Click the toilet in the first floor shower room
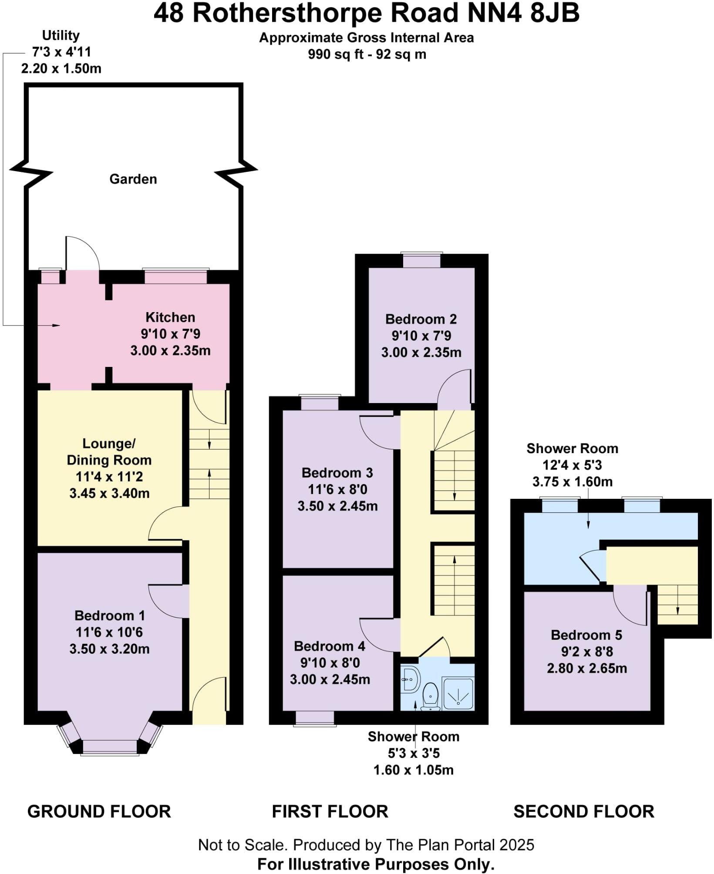click(430, 696)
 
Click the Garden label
click(133, 179)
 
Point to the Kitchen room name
click(170, 317)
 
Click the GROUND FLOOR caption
click(99, 812)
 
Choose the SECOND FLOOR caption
click(583, 812)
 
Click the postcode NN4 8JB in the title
click(523, 13)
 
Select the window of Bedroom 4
click(315, 718)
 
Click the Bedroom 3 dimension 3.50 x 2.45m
click(337, 506)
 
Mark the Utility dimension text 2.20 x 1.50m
click(61, 68)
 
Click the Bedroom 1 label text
click(109, 615)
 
